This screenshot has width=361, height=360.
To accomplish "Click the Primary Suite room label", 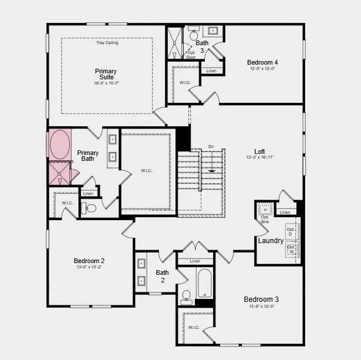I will [106, 75].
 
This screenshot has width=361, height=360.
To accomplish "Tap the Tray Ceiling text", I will [107, 42].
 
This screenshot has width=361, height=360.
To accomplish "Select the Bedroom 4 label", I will [262, 62].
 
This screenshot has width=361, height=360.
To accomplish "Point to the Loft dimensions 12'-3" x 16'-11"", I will [260, 157].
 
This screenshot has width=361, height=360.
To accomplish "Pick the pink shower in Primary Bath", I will [58, 173].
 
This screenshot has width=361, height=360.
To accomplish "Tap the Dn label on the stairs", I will [211, 147].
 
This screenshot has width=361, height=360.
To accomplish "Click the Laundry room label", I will [271, 241].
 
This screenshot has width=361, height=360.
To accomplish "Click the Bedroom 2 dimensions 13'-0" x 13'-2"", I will [89, 267].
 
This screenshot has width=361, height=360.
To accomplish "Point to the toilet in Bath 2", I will [186, 295].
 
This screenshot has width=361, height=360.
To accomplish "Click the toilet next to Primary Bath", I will [91, 208].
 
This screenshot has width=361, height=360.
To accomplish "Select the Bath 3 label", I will [201, 46].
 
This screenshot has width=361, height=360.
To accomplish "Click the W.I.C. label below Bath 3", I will [184, 82].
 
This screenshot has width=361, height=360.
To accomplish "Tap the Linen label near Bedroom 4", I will [211, 72].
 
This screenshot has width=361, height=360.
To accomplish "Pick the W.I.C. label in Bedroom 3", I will [194, 327].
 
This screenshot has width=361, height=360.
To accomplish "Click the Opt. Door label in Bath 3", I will [191, 55].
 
